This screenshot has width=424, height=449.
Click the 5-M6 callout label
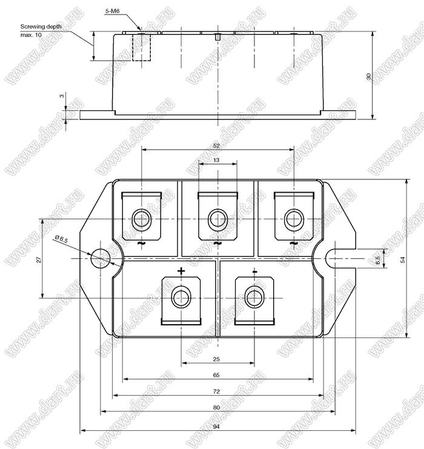point(112,11)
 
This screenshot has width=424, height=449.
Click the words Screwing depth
point(41,27)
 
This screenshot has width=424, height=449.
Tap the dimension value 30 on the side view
point(369,76)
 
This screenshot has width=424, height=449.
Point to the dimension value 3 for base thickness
point(62,96)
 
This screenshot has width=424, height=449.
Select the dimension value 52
point(216,146)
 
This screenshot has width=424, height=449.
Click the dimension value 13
point(216,160)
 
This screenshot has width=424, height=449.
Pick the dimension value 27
point(39,260)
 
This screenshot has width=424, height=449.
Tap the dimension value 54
point(403,260)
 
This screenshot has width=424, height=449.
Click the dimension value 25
point(216,359)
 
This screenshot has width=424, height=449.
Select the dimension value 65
point(216,375)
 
